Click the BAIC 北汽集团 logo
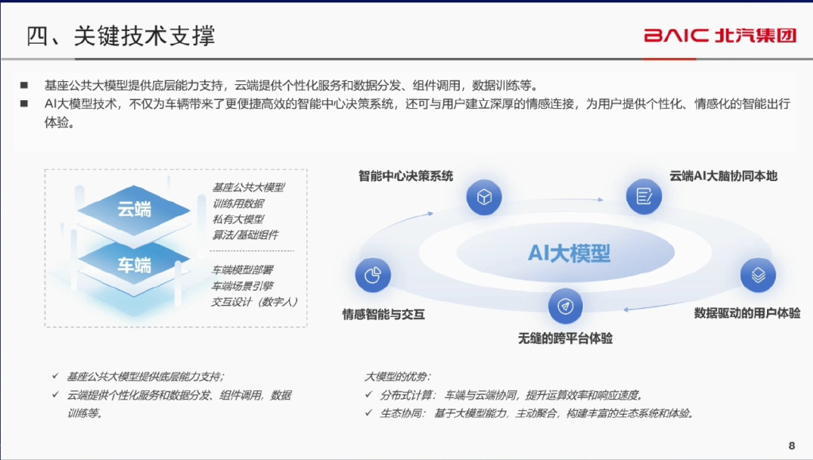(x=719, y=35)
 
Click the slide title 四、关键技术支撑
(x=121, y=36)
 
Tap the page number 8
(x=792, y=446)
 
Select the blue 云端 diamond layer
(x=133, y=210)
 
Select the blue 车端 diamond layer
(x=133, y=265)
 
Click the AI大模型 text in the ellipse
(x=568, y=253)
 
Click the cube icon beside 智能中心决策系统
(x=484, y=197)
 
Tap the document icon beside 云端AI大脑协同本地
(x=644, y=196)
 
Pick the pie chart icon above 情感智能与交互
(x=373, y=275)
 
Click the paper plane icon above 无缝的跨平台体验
(x=565, y=306)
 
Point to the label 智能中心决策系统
(x=406, y=176)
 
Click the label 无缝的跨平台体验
(x=565, y=338)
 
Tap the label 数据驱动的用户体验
(x=747, y=313)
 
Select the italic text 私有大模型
(x=238, y=219)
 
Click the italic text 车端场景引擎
(x=242, y=286)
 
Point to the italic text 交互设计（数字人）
(x=255, y=302)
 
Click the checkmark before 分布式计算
(x=368, y=395)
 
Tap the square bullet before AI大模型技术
(x=24, y=104)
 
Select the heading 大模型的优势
(x=397, y=377)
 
